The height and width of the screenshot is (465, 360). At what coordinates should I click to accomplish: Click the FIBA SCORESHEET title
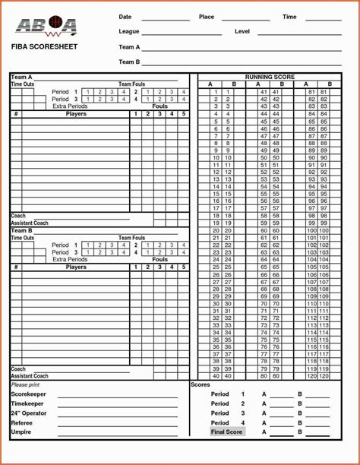pos(44,47)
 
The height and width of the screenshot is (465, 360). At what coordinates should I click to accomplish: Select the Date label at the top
pos(125,17)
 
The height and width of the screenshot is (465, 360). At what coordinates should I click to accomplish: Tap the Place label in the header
pos(207,17)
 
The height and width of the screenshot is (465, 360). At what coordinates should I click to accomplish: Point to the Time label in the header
pos(289,17)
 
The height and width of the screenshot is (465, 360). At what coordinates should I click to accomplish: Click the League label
pos(129,32)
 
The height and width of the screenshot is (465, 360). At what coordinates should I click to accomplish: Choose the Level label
pos(242,32)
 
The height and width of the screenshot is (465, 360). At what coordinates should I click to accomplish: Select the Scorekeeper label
pos(29,394)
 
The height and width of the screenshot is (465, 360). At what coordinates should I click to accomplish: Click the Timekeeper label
pos(28,403)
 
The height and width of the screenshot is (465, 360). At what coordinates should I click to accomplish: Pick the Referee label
pos(21,422)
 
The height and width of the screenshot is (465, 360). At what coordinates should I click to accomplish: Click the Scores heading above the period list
pos(200,385)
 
